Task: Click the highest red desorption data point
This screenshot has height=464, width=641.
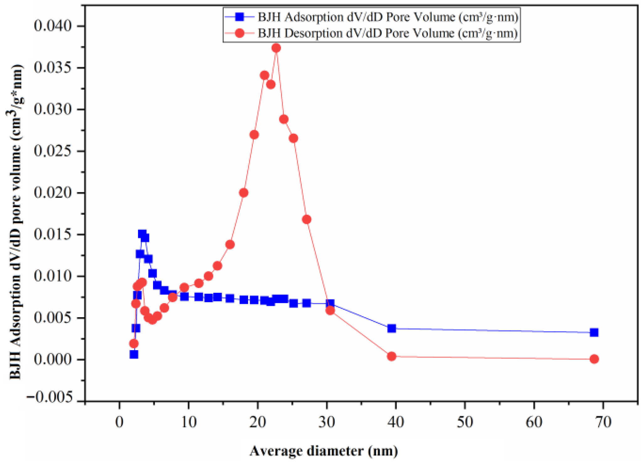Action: click(276, 48)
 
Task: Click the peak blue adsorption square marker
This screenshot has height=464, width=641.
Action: click(142, 234)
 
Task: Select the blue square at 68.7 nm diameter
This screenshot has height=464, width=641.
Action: click(594, 332)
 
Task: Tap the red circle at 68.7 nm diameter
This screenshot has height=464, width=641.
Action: click(594, 359)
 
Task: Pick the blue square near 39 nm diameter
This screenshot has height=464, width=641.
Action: click(391, 329)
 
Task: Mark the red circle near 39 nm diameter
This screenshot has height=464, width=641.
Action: click(391, 356)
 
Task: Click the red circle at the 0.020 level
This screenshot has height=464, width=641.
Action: click(244, 193)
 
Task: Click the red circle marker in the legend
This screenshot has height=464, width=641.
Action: click(240, 33)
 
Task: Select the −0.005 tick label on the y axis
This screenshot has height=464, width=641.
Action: click(50, 398)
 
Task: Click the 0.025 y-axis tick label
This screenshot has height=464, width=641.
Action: click(53, 151)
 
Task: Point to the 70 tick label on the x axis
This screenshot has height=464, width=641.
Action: click(603, 422)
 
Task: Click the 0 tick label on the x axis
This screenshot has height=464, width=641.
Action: click(119, 422)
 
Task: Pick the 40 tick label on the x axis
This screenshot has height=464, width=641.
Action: click(396, 422)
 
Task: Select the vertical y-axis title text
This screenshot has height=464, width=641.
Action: click(15, 221)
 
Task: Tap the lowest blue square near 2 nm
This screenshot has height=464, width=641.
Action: click(134, 354)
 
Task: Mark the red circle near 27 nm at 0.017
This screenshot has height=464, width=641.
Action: click(307, 219)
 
